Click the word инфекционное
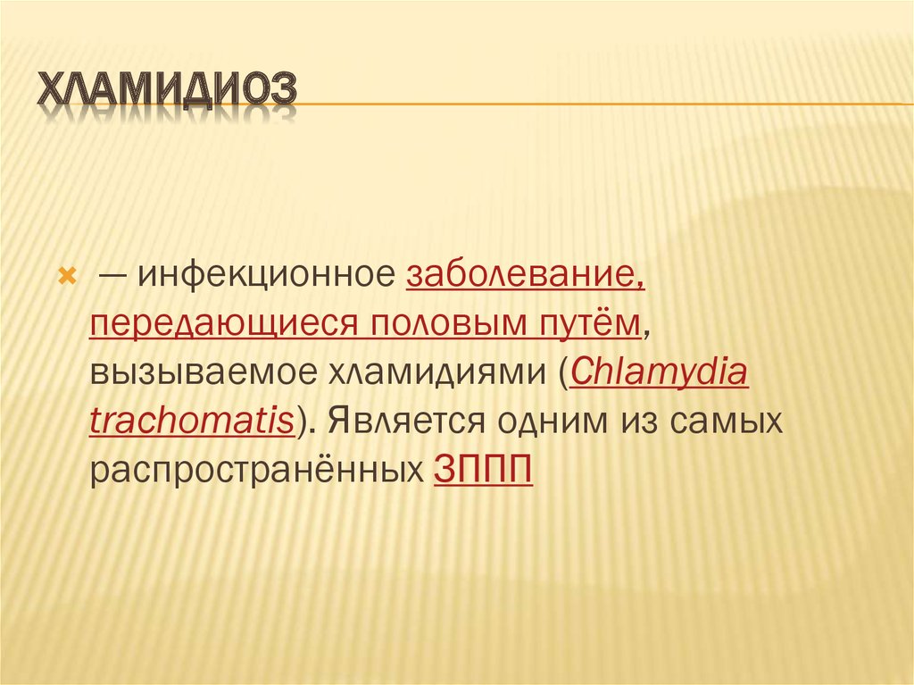[x=266, y=275]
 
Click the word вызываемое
[x=204, y=373]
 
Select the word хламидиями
[x=439, y=373]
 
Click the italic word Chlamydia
[x=659, y=372]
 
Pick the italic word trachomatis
[x=192, y=421]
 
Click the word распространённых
[x=256, y=471]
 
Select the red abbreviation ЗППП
[x=483, y=469]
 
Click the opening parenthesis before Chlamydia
[x=564, y=373]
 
